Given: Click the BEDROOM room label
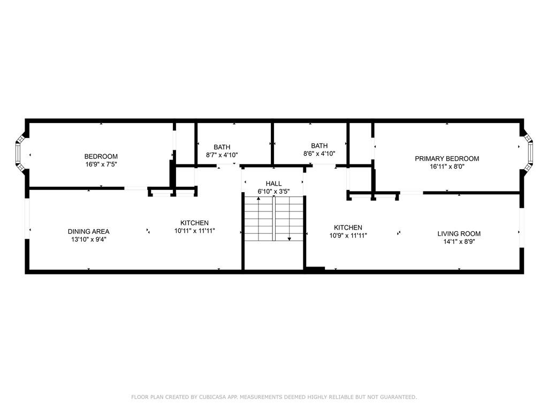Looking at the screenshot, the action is [101, 156].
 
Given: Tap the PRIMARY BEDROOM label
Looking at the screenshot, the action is [447, 158].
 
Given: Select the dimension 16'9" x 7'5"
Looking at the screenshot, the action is [101, 164].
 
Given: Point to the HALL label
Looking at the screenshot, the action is [273, 184].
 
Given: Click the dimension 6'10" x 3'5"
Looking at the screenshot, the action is [273, 192].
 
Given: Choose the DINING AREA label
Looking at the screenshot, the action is [88, 231].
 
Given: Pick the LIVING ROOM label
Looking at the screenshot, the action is [459, 234].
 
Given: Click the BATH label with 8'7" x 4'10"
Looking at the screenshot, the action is [222, 147].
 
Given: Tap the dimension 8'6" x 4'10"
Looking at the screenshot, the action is [319, 154].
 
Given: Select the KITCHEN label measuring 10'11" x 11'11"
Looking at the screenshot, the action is [194, 223].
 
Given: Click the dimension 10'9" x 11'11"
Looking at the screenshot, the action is [348, 235].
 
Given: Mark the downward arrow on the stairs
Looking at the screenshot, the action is [290, 218].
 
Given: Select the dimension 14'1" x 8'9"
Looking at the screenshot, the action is [459, 242].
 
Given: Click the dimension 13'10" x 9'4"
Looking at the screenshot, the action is [88, 239].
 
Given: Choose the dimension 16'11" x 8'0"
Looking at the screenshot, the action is [447, 167].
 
